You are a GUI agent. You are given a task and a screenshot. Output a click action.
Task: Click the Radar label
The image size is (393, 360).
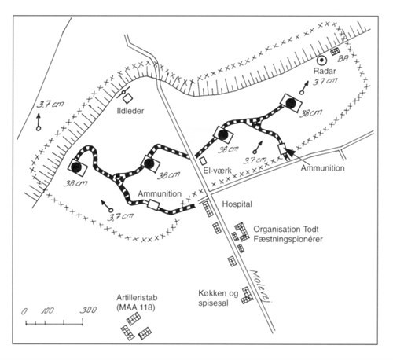click(325, 71)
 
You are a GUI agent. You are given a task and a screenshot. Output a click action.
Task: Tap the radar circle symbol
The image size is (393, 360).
click(321, 61)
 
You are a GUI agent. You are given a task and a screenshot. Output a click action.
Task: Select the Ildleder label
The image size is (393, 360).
click(130, 111)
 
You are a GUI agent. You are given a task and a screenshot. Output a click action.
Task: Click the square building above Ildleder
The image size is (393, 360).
click(128, 98)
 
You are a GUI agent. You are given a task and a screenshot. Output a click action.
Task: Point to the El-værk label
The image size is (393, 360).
click(218, 171)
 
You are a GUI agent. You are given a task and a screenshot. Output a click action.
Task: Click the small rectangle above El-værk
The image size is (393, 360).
click(203, 160)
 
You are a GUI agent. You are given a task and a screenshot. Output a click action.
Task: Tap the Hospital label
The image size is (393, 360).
click(237, 204)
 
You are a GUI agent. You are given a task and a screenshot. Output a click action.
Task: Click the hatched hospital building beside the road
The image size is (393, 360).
click(207, 209)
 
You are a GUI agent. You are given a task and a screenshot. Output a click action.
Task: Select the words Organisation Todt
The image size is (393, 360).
click(286, 230)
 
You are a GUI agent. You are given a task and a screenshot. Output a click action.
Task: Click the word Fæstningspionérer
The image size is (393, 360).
click(288, 239)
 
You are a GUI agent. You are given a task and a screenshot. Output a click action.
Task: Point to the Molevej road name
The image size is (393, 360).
click(260, 285)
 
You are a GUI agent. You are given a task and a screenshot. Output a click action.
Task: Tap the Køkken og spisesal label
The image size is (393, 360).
click(219, 298)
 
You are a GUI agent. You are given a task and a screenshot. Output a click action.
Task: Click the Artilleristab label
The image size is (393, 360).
click(137, 298)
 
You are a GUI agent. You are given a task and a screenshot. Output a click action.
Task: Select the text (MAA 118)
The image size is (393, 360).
click(136, 307)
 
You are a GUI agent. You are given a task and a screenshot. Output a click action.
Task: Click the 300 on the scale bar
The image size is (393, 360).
click(88, 310)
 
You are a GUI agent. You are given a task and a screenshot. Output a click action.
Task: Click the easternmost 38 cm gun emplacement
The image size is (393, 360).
click(291, 103)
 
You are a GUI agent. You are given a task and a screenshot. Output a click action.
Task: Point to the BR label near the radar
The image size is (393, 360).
click(343, 58)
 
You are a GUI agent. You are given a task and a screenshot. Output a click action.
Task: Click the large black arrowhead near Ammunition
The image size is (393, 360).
click(290, 152)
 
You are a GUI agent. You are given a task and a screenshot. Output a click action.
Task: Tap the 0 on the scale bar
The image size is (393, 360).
click(24, 311)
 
